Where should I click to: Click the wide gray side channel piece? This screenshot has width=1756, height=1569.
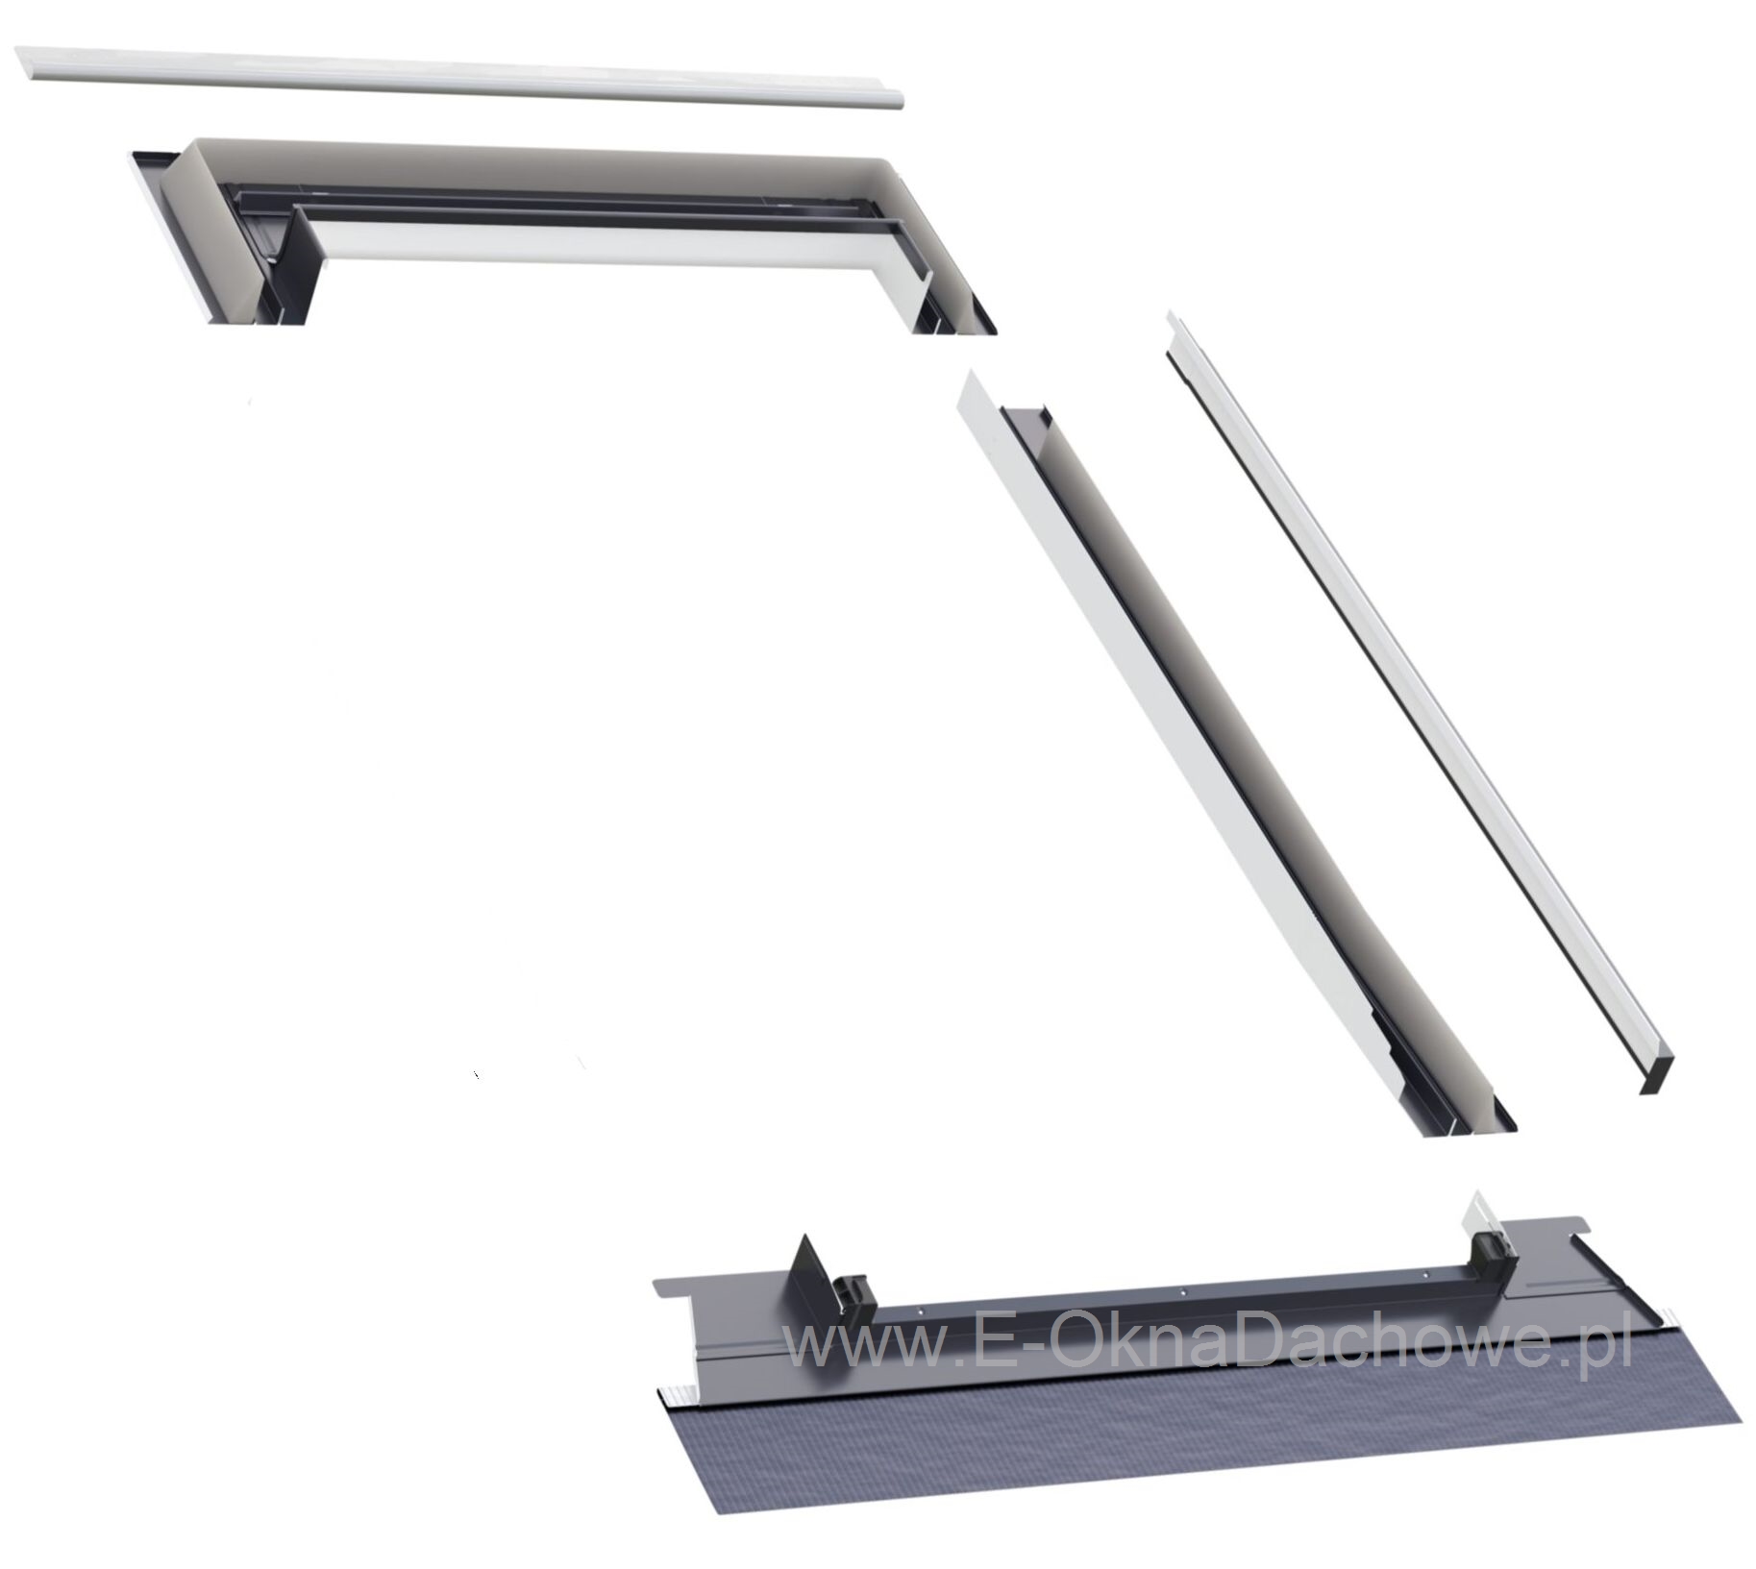click(1230, 759)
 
